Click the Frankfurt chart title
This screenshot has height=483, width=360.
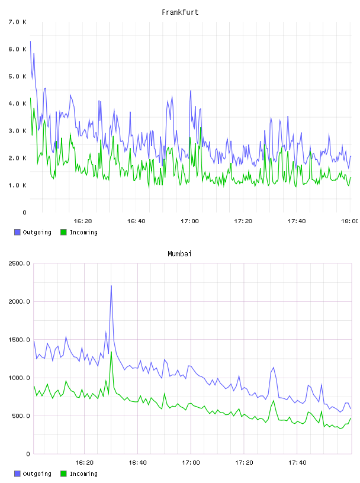pos(180,12)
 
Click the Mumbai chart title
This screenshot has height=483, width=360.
pos(179,254)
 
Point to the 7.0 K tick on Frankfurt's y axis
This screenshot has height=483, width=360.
pos(18,22)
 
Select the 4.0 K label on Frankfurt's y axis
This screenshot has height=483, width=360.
pos(18,104)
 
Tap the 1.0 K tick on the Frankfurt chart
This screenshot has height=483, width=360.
pos(18,185)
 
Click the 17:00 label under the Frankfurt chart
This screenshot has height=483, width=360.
pos(189,221)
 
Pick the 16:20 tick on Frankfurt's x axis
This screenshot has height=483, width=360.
pos(83,221)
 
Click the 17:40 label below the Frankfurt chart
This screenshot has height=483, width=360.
pos(297,221)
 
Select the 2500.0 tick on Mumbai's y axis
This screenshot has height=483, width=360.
pos(20,263)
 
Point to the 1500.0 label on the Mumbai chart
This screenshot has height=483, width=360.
pos(20,339)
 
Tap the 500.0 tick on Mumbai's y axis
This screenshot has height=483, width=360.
pos(21,416)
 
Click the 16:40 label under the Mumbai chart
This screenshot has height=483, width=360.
pos(137,462)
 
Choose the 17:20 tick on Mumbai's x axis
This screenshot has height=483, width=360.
pos(244,462)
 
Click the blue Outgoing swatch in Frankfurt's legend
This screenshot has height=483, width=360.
pos(17,232)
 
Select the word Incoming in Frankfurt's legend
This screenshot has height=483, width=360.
pos(83,232)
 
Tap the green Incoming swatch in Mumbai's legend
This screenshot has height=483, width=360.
pos(63,474)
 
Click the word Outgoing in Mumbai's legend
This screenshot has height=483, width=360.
pos(37,474)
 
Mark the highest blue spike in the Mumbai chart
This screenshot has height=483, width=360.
pos(111,286)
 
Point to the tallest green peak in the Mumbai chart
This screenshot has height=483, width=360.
pos(111,352)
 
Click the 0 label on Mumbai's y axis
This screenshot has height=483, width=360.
pos(28,454)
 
